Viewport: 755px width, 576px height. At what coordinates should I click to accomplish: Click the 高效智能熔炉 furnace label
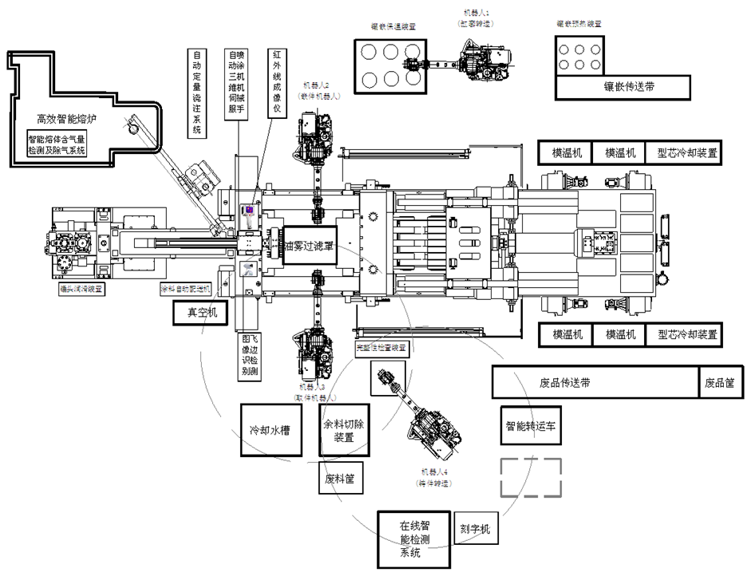pyautogui.click(x=66, y=120)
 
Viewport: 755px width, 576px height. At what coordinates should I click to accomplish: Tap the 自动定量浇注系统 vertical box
pyautogui.click(x=196, y=92)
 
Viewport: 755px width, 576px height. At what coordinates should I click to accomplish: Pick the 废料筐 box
pyautogui.click(x=340, y=479)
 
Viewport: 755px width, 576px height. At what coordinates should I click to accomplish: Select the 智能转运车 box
pyautogui.click(x=534, y=426)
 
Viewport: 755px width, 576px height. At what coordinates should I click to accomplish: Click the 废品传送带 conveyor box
pyautogui.click(x=595, y=382)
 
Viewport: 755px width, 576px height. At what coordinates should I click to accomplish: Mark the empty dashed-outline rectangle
pyautogui.click(x=531, y=477)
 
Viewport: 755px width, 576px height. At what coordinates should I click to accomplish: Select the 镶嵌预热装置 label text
pyautogui.click(x=579, y=24)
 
